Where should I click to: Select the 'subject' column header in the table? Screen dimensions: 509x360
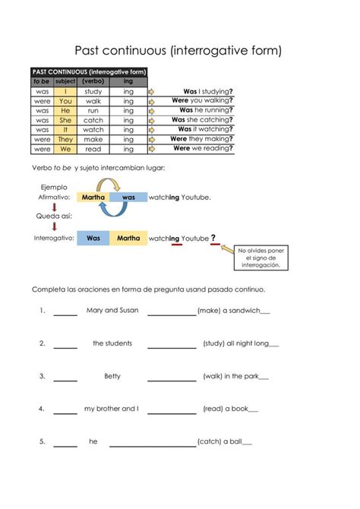pos(65,81)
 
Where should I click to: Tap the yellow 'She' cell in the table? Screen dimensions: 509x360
pos(65,120)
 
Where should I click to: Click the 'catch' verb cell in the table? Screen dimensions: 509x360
pos(93,120)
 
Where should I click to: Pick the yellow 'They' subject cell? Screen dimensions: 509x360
pos(65,140)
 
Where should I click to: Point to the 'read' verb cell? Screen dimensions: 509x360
pos(93,150)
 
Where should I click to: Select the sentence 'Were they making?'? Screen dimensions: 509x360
pos(201,139)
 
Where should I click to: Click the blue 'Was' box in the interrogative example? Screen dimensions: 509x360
pos(93,238)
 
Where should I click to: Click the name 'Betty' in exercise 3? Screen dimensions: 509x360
pos(112,376)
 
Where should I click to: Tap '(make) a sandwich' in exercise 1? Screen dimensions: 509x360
pos(233,311)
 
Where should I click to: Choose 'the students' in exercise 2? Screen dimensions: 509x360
pos(112,343)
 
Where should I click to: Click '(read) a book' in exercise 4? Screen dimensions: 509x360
pos(230,409)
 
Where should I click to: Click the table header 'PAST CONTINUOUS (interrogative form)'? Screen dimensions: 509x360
pos(89,71)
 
